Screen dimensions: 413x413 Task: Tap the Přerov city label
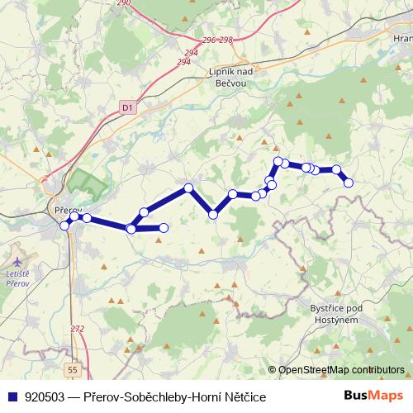tap(65, 210)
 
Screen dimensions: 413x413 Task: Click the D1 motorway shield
tap(126, 107)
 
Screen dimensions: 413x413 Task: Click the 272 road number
tap(78, 329)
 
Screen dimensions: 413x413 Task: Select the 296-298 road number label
tap(219, 40)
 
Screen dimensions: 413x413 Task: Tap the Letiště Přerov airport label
tap(17, 278)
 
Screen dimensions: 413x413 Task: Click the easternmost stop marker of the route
tap(349, 182)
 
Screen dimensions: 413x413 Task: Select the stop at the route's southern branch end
tap(163, 227)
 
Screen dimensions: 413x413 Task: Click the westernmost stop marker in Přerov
tap(64, 225)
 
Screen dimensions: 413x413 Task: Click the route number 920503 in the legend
tap(45, 397)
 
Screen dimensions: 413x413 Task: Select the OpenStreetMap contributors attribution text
tap(341, 370)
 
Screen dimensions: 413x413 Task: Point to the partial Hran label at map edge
tap(402, 39)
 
